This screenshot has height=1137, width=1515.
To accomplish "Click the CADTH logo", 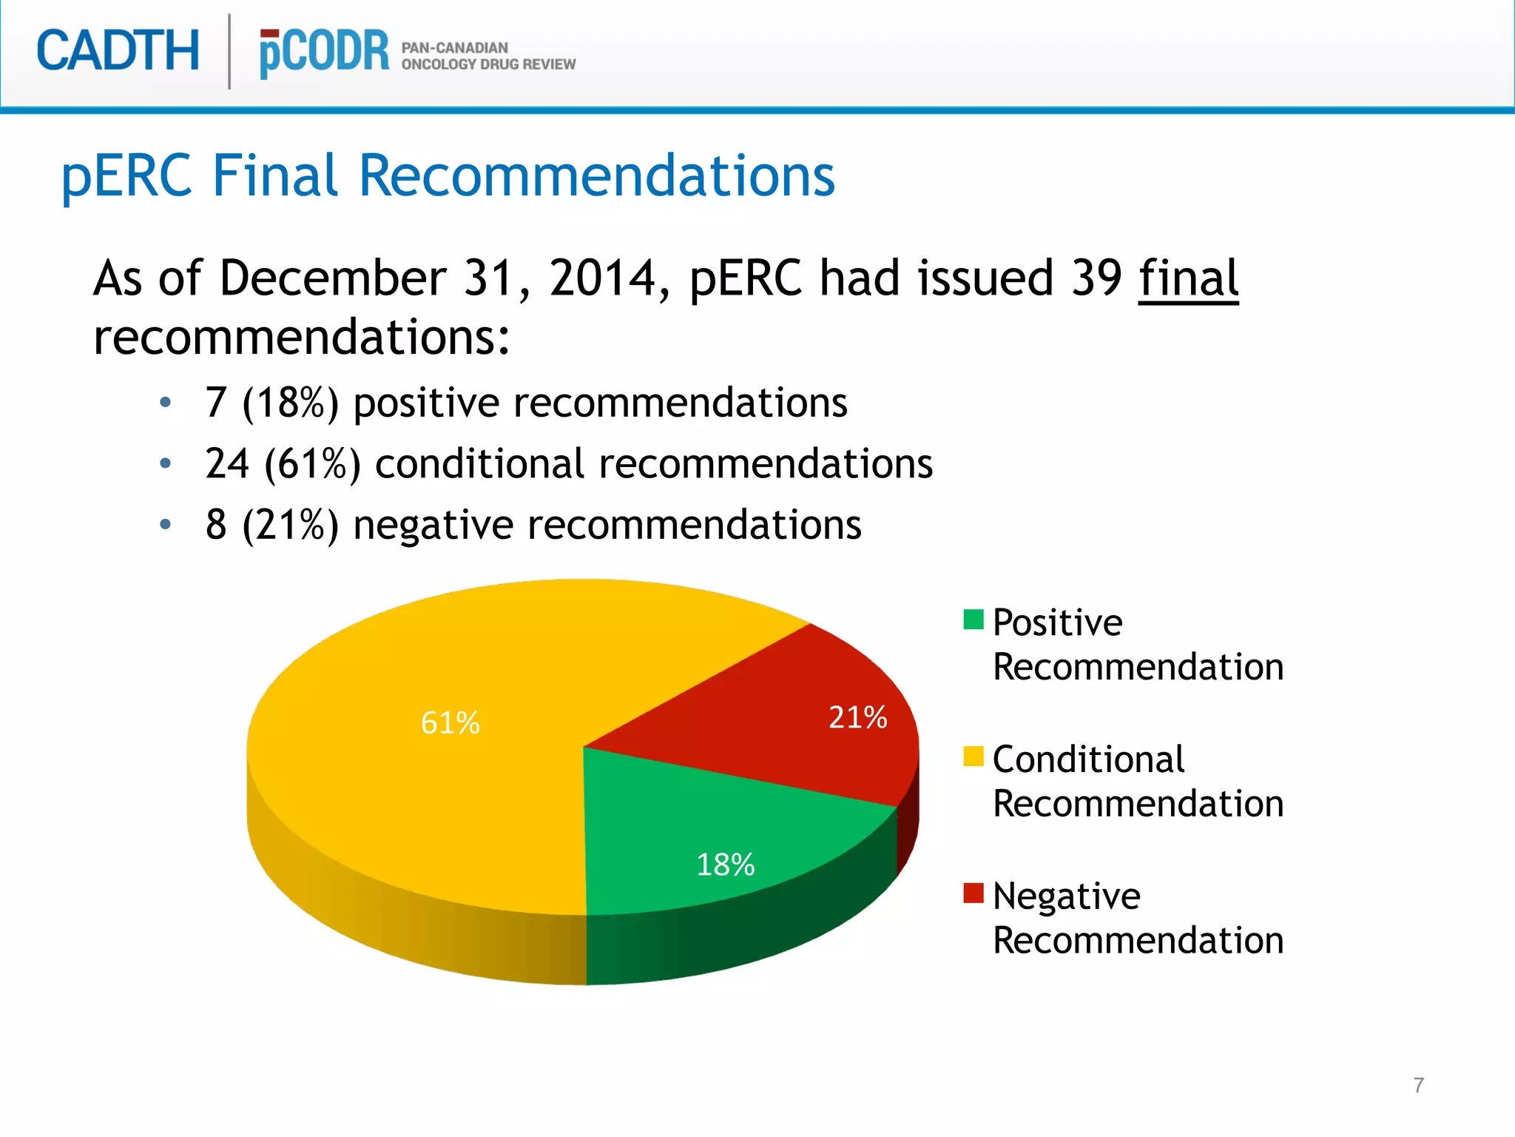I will (118, 50).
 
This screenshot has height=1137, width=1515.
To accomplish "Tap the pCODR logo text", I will (324, 52).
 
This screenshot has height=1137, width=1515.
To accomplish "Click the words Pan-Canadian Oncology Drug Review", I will (488, 56).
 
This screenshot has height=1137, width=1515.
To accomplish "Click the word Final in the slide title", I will (275, 175).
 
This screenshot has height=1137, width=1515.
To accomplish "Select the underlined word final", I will (1188, 278).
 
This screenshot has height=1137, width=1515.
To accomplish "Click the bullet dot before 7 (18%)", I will (166, 403).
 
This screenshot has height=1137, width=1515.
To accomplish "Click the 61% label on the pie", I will (450, 722).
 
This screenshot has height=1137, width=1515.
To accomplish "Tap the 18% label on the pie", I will (725, 865).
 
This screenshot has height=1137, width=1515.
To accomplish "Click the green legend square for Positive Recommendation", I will (974, 620).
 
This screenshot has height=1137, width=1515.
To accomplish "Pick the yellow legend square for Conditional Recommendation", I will (974, 757).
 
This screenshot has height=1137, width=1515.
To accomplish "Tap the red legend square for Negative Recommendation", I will (974, 893).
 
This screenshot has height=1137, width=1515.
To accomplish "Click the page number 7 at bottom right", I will (1418, 1085).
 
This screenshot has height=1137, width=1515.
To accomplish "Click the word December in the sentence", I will (332, 278).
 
